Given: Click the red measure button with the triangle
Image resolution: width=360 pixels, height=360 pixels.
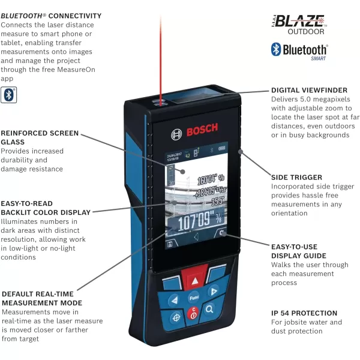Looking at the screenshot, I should pyautogui.click(x=194, y=280).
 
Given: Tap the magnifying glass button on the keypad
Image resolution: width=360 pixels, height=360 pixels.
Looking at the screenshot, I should pyautogui.click(x=210, y=309).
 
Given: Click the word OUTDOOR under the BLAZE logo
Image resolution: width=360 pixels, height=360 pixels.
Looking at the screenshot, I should pyautogui.click(x=305, y=32).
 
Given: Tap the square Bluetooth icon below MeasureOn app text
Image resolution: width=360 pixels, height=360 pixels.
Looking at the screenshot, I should pyautogui.click(x=8, y=94).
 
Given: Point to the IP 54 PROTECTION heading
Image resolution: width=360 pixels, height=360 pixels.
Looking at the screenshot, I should pyautogui.click(x=304, y=313).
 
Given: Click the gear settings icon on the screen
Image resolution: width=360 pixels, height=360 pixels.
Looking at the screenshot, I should pyautogui.click(x=223, y=235).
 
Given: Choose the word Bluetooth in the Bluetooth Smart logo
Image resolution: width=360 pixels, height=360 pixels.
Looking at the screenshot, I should pyautogui.click(x=305, y=50).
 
